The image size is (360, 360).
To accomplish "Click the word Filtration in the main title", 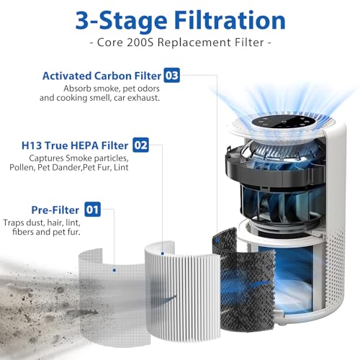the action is pyautogui.click(x=230, y=20).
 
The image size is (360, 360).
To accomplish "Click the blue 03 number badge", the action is pyautogui.click(x=171, y=76).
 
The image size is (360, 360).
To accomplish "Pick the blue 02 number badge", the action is pyautogui.click(x=140, y=145).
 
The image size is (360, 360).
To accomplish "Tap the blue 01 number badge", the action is pyautogui.click(x=92, y=210).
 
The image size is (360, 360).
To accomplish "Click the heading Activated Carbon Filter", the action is pyautogui.click(x=102, y=76).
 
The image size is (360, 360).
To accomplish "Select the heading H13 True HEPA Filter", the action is pyautogui.click(x=75, y=145).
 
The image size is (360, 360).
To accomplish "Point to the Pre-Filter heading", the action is pyautogui.click(x=55, y=210).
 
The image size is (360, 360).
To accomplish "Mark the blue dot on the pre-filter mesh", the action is pyautogui.click(x=114, y=270).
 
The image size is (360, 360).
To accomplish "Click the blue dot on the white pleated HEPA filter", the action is pyautogui.click(x=163, y=253).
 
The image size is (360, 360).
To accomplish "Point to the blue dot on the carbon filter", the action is pyautogui.click(x=217, y=240).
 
